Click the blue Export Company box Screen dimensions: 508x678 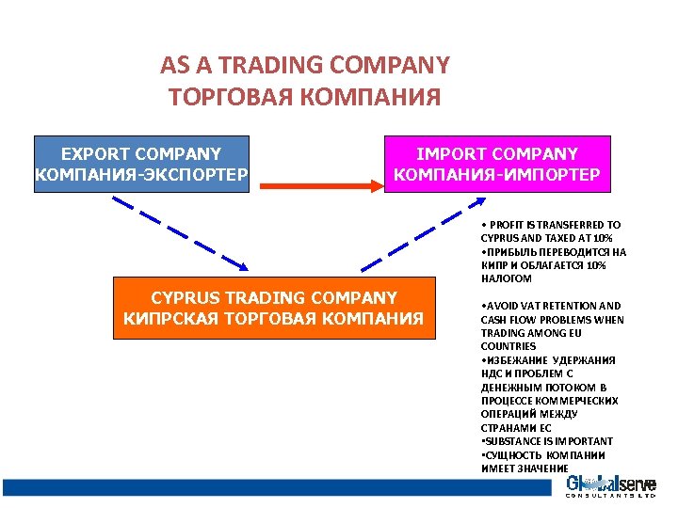[141, 165]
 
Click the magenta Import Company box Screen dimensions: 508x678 [497, 165]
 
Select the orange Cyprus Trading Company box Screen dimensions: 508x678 [274, 308]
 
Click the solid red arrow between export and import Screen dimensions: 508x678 [320, 185]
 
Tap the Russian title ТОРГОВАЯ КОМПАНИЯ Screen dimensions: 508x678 [304, 97]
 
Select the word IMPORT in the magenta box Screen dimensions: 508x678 [452, 154]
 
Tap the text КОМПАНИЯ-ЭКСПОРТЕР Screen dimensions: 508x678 [141, 175]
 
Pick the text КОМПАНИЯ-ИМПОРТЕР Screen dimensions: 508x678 [497, 175]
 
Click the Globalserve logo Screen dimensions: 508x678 [609, 486]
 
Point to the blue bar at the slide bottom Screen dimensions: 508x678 [273, 487]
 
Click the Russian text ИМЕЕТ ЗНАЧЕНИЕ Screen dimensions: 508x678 [525, 468]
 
